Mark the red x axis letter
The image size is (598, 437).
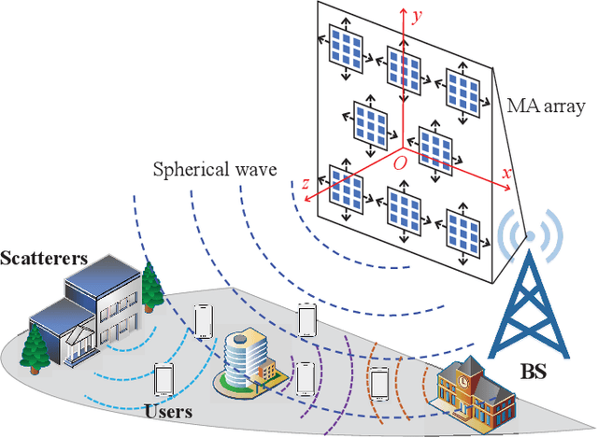505,174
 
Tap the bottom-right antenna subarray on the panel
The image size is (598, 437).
463,228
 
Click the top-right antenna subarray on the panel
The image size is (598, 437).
464,87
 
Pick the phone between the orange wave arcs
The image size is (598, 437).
379,383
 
